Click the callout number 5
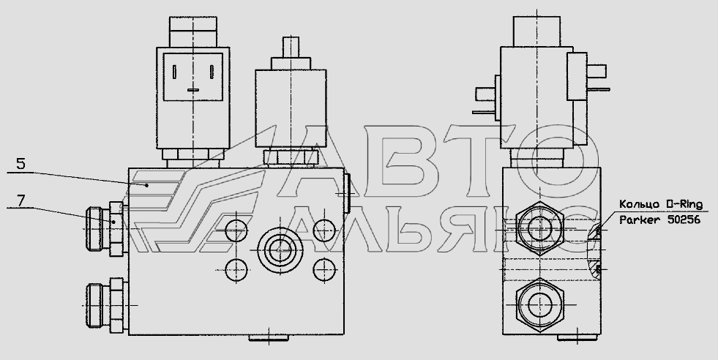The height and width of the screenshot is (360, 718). click(21, 163)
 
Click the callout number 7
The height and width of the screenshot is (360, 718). click(21, 200)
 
